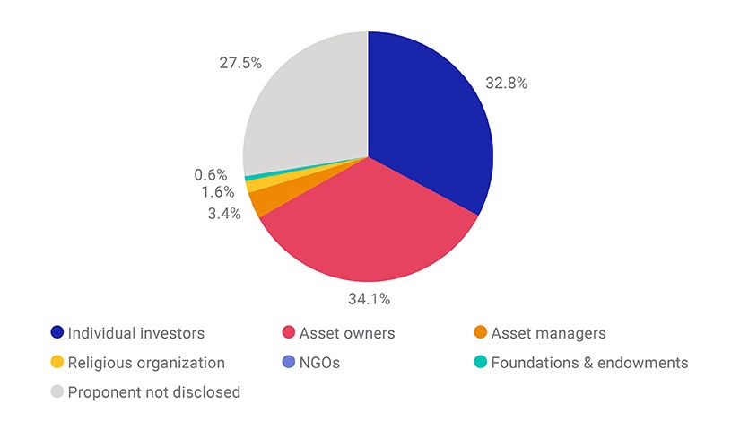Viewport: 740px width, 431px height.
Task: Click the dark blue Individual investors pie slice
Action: click(431, 126)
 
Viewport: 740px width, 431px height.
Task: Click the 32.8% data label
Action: click(507, 84)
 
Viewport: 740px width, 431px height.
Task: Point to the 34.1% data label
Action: click(369, 298)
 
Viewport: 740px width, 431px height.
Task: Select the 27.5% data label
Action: click(239, 63)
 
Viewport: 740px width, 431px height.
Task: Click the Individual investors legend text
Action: click(136, 333)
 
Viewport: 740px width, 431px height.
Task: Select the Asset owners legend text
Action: click(347, 333)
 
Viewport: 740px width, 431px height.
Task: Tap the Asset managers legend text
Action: click(548, 333)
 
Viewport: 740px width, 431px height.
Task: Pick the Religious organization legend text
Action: click(146, 363)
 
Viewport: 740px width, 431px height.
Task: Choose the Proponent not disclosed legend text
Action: click(154, 392)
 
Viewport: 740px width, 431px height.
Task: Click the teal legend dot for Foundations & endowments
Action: click(481, 363)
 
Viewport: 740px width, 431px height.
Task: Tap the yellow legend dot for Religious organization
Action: click(57, 363)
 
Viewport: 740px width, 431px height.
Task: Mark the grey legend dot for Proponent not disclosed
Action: click(57, 392)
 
